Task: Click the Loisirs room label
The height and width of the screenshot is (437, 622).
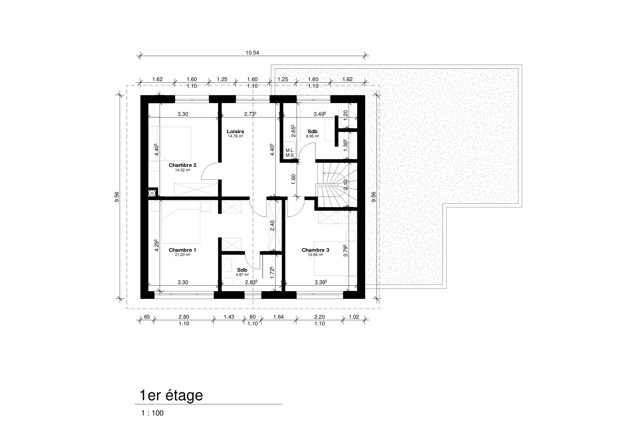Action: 235,132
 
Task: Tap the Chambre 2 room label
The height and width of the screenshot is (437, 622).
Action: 182,165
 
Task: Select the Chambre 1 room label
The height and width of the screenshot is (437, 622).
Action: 182,250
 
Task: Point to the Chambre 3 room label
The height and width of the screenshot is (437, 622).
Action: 315,250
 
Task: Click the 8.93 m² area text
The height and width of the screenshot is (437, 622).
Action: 312,136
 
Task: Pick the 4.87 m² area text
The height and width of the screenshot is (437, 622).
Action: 242,275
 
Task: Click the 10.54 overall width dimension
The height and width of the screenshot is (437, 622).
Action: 252,53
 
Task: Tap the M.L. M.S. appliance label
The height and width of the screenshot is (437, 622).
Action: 290,153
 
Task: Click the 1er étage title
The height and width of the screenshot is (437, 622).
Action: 171,395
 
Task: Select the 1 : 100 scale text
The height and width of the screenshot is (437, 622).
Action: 152,413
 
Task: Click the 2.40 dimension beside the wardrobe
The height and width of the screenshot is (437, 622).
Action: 272,226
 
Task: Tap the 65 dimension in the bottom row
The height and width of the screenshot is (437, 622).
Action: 147,317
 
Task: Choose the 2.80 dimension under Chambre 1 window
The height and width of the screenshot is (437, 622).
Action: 184,317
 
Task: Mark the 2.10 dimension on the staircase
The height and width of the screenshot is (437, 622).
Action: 346,185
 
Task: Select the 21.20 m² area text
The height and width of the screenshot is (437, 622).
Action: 182,255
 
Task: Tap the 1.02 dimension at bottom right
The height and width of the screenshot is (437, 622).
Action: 354,317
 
